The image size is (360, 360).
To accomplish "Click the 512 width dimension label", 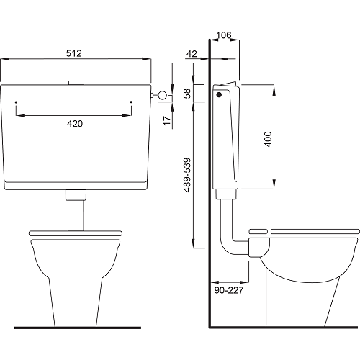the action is (74, 53).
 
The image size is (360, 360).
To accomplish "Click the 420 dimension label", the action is (75, 124).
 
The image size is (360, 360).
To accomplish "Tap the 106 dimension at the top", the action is (224, 35).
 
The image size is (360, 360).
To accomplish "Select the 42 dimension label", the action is (192, 54).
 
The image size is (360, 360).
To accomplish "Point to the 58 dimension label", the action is (187, 94).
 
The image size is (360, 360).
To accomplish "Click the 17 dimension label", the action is (167, 120).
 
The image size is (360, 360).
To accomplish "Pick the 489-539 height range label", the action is (187, 175).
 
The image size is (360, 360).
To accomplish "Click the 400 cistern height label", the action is (268, 139).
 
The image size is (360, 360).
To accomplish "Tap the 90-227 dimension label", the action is (229, 290).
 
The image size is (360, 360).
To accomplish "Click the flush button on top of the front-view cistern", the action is (76, 83).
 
